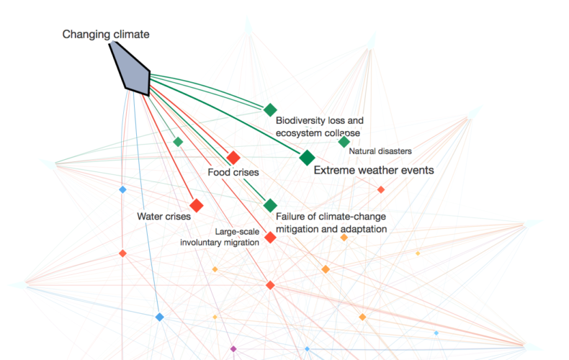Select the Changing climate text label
tap(106, 35)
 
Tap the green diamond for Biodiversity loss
tap(270, 109)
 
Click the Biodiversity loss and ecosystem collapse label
tap(319, 127)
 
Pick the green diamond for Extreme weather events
tap(308, 158)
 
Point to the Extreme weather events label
tap(374, 170)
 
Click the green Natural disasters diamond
tap(344, 142)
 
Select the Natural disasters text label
tap(380, 151)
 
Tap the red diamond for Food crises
tap(233, 158)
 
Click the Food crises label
tap(233, 172)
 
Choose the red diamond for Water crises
tap(197, 205)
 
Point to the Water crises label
tap(164, 217)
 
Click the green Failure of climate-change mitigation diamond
tap(270, 205)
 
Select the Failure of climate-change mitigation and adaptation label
tap(331, 222)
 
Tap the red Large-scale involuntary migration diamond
tap(270, 238)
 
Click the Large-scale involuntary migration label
tap(220, 237)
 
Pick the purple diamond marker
tap(233, 349)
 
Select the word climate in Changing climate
tap(131, 35)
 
